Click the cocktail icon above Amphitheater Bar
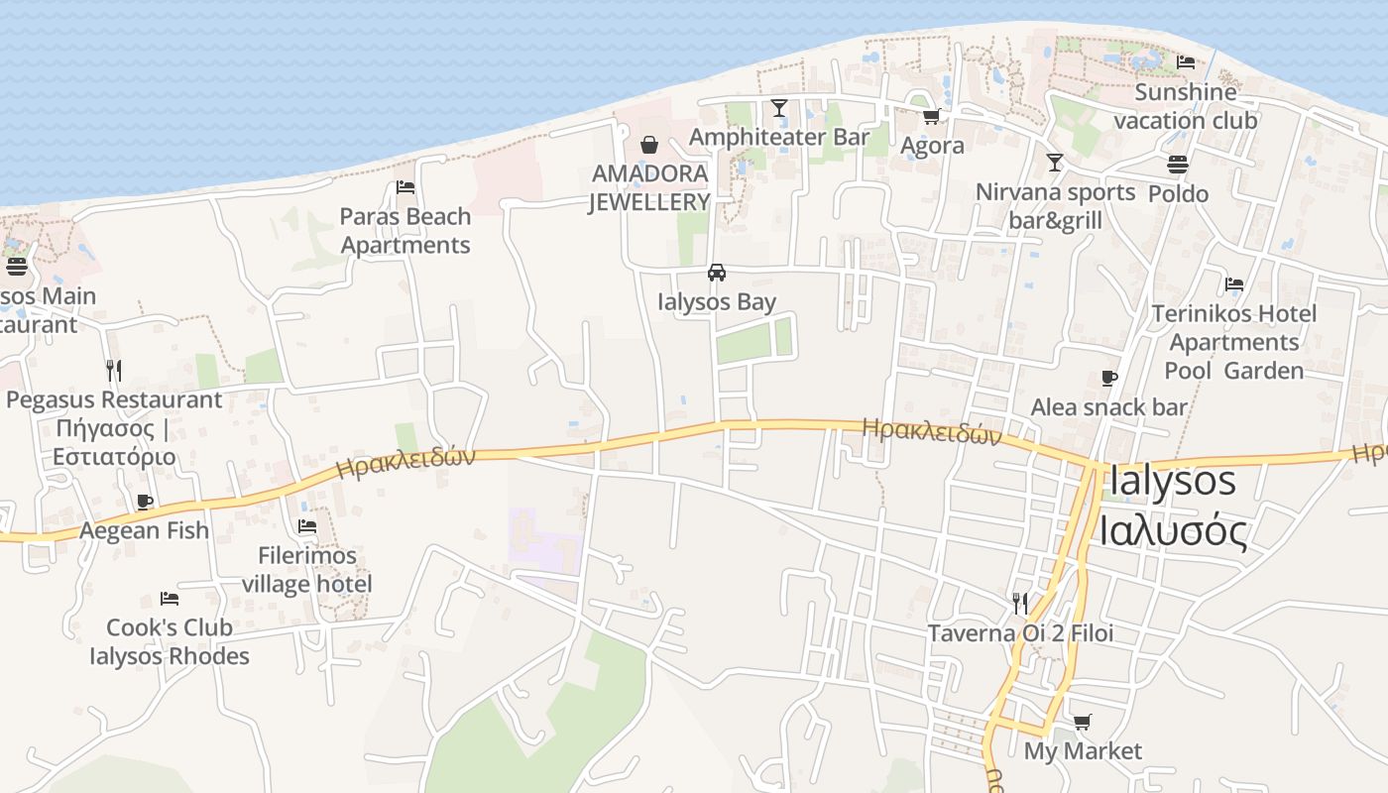779,107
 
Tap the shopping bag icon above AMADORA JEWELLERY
649,145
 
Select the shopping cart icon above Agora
932,117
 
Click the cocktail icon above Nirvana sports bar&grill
1055,163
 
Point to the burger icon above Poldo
1178,165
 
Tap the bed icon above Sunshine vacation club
1186,62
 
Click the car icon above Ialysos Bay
717,273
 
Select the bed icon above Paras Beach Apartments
405,187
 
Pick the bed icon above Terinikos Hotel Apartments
1234,284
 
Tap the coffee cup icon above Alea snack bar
1109,379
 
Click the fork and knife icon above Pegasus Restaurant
114,371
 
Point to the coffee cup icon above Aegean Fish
145,502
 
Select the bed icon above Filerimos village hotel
307,526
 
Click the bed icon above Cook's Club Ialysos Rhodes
170,599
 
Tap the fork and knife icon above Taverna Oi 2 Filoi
1019,603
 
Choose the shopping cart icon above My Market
1082,723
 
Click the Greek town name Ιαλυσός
1173,531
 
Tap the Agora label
932,146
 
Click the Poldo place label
1178,193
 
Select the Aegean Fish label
145,530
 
